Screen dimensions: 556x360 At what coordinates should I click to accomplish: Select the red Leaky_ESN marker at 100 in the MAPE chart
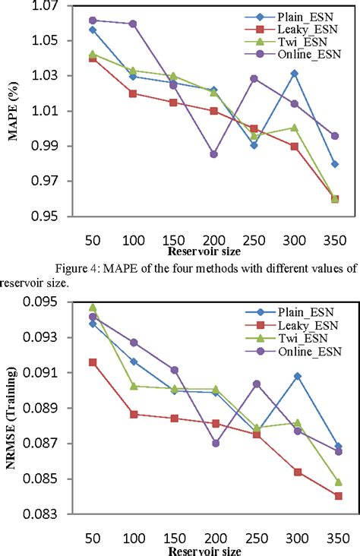pos(133,93)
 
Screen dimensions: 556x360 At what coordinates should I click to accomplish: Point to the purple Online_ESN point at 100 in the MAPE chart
pos(133,24)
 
